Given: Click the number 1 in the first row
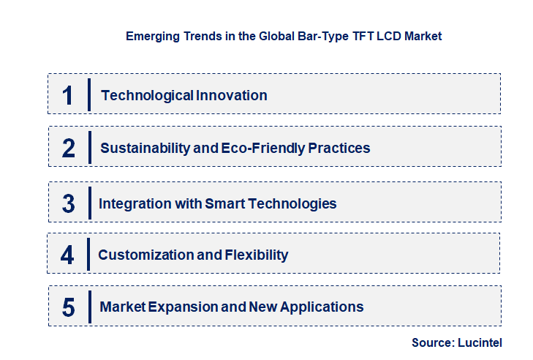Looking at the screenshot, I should pyautogui.click(x=68, y=95).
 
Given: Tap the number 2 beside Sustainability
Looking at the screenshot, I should pyautogui.click(x=69, y=149).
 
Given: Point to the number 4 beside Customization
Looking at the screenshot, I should pyautogui.click(x=68, y=255).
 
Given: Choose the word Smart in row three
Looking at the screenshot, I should pyautogui.click(x=220, y=203).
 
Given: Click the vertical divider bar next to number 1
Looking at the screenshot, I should pyautogui.click(x=88, y=94).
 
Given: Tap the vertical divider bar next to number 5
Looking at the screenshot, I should pyautogui.click(x=88, y=307).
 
